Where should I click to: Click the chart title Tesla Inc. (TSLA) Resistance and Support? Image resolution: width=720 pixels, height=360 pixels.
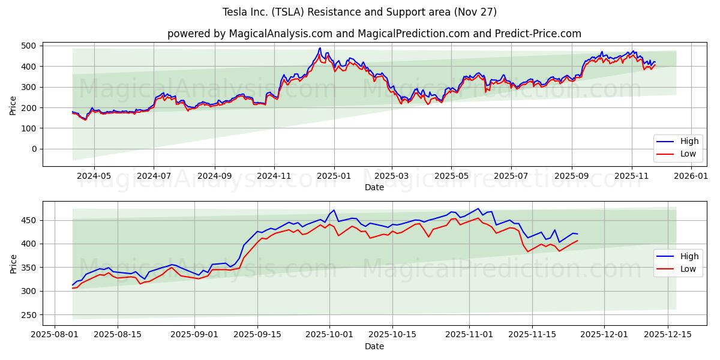(x=359, y=12)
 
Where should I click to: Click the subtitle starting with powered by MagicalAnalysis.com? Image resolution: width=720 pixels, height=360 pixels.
(x=374, y=34)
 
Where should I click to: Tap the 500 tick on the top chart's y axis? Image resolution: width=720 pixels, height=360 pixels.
(x=29, y=46)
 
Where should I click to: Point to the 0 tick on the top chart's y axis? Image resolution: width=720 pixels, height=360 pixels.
(x=34, y=149)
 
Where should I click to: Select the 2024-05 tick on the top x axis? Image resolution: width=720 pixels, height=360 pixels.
(x=94, y=176)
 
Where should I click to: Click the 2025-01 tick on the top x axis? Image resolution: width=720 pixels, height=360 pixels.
(x=334, y=176)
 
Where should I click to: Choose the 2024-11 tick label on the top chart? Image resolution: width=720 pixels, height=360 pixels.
(x=274, y=176)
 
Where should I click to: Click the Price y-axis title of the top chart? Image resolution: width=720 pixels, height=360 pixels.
(x=13, y=104)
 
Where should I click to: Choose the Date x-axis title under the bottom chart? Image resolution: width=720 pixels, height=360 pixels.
(x=374, y=347)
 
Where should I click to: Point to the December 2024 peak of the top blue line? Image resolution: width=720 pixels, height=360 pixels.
(x=320, y=48)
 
